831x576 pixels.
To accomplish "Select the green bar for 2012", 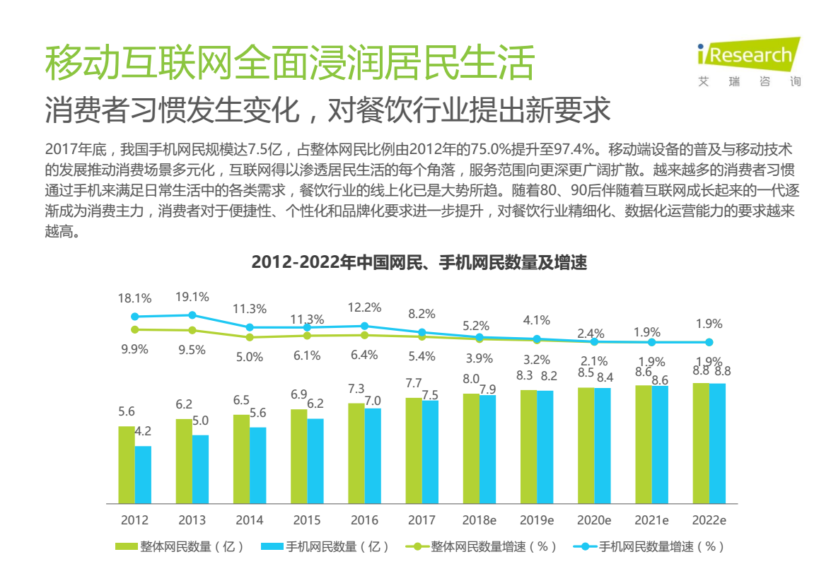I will (127, 464).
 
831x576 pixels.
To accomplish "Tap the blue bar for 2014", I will (258, 465).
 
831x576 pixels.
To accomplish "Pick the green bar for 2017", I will (414, 450).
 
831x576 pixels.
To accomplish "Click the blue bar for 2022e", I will (717, 443).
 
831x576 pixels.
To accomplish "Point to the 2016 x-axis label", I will (364, 520).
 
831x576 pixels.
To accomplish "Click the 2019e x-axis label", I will (537, 520).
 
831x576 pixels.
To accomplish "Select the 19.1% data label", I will (192, 297).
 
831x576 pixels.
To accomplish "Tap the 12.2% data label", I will (364, 307).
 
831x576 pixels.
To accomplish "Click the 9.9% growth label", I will (134, 348).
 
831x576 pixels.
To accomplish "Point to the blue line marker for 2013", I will (192, 315).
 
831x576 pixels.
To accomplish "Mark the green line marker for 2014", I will (250, 337).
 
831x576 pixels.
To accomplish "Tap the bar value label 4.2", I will (143, 431).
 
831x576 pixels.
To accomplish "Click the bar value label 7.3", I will (356, 389).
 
